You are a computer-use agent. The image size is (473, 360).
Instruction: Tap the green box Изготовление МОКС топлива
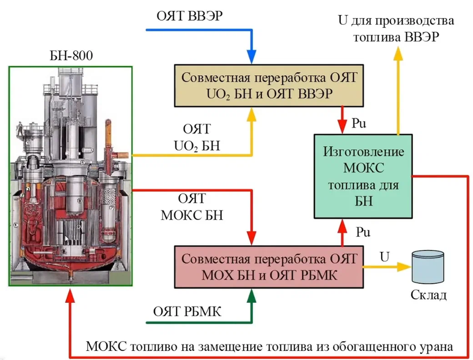[363, 174]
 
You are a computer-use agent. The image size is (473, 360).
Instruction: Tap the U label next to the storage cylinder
[385, 256]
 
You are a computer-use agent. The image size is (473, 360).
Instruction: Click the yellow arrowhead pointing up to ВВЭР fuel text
[397, 53]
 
